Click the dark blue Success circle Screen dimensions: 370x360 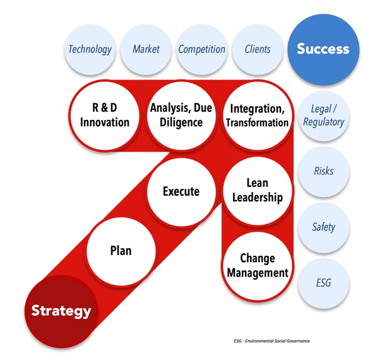coord(323,49)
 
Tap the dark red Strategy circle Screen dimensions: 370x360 coord(61,311)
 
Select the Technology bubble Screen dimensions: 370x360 coord(90,49)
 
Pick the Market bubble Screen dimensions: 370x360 coord(146,49)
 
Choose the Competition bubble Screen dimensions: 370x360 coord(202,49)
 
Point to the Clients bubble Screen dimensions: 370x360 coord(258,49)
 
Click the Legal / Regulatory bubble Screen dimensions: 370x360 coord(323,116)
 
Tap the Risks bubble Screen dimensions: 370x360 coord(323,171)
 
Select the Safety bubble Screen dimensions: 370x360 coord(323,227)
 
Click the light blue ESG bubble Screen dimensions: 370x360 coord(323,283)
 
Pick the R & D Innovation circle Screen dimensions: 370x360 coord(105,115)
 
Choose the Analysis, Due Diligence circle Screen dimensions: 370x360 coord(181,115)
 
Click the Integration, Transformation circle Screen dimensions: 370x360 coord(258,115)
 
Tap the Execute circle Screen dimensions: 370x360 coord(181,191)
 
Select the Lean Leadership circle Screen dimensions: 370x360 coord(258,191)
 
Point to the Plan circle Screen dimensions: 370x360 coord(121,251)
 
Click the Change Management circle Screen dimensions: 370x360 coord(258,266)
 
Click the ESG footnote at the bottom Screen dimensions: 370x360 coord(272,341)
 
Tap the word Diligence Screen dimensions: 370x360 coord(181,123)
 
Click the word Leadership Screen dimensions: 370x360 coord(258,197)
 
